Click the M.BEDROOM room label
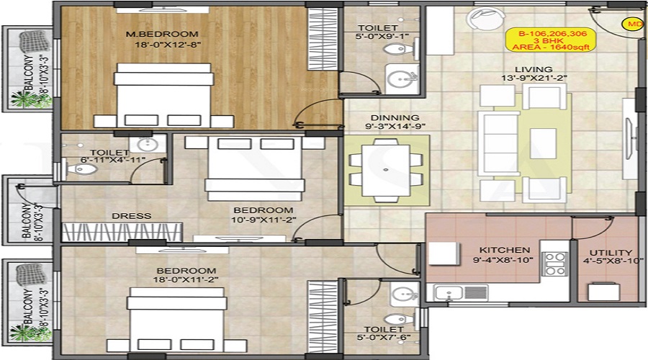(162, 34)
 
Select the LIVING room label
(533, 69)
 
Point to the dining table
(386, 170)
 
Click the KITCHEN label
(505, 250)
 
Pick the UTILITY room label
(611, 253)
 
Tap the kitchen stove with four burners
(555, 264)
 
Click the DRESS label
(132, 216)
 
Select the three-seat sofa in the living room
(498, 143)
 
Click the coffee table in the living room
(543, 143)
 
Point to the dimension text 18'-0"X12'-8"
(168, 44)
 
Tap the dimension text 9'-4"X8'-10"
(503, 260)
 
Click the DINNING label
(395, 118)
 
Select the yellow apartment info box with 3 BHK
(551, 40)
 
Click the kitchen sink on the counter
(448, 292)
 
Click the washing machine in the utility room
(604, 292)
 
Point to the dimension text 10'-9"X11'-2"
(264, 220)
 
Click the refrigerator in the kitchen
(444, 253)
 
